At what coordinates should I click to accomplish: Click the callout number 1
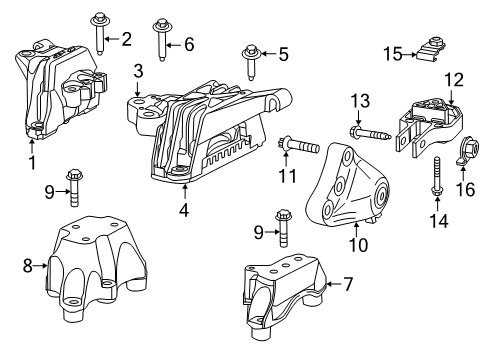[31, 162]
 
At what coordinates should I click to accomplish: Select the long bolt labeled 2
[102, 34]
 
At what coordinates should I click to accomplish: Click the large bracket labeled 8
[91, 264]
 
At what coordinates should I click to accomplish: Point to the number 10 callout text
[357, 244]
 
